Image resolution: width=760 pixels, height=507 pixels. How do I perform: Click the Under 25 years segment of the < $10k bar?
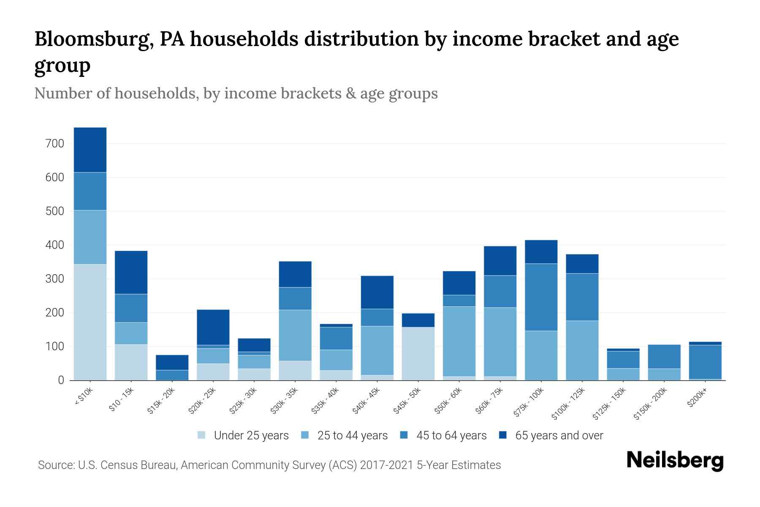point(90,322)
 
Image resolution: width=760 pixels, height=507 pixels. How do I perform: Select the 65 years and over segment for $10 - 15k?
point(131,272)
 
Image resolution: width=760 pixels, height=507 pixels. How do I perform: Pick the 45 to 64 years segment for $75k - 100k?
point(541,297)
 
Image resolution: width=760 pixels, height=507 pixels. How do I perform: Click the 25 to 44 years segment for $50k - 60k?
point(459,341)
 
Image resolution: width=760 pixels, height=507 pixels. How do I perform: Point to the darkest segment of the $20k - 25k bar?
point(213,327)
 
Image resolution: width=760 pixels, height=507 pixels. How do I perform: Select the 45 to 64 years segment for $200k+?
point(705,362)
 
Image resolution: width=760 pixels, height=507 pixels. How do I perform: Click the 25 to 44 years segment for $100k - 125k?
point(582,350)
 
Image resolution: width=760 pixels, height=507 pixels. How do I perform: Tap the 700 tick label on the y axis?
point(55,144)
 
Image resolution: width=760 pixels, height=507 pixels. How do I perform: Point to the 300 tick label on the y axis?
point(55,279)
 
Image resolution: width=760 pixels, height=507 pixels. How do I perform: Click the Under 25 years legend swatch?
point(202,435)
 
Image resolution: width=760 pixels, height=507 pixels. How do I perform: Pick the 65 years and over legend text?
point(559,436)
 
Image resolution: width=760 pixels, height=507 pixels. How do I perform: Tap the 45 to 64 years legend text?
point(451,436)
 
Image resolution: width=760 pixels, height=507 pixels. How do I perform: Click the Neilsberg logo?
point(675,460)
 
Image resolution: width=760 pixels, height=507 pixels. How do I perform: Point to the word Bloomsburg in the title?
point(94,39)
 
